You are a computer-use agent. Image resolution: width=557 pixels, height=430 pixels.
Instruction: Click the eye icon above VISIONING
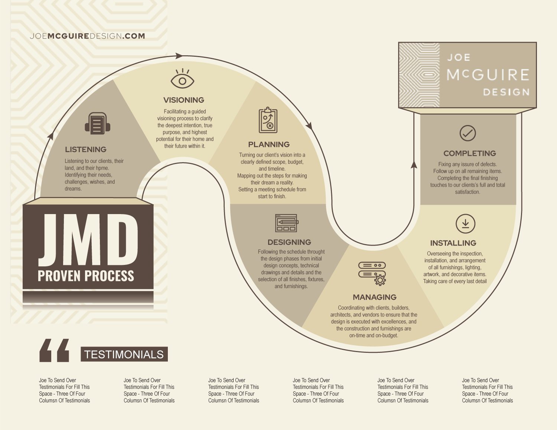182,79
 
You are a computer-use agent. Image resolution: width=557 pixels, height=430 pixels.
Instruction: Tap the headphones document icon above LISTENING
97,124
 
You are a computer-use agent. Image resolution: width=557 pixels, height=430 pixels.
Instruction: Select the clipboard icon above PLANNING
268,120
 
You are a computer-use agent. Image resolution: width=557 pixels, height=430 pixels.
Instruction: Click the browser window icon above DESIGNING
286,223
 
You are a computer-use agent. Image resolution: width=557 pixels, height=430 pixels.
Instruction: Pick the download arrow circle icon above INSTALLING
465,223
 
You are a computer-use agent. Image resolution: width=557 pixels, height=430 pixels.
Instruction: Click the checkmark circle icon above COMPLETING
468,133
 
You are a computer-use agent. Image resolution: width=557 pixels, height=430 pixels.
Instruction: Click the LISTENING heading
86,150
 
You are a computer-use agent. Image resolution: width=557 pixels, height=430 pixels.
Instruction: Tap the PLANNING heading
269,145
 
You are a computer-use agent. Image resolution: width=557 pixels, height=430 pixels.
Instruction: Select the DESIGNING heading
289,242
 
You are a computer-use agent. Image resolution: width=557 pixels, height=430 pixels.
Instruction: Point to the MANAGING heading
375,297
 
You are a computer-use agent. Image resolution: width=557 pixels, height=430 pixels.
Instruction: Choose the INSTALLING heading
453,243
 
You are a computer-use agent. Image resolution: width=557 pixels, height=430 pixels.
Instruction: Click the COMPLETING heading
470,153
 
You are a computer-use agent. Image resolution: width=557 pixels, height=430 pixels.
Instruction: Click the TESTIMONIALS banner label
124,354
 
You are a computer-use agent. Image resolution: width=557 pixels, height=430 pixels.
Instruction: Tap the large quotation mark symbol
54,350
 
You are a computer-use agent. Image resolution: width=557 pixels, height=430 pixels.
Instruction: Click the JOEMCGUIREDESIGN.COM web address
88,36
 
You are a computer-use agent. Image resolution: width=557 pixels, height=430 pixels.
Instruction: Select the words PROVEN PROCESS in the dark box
86,276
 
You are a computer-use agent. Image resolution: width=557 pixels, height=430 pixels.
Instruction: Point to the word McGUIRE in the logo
488,75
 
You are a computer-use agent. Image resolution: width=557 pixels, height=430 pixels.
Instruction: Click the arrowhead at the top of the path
179,56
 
